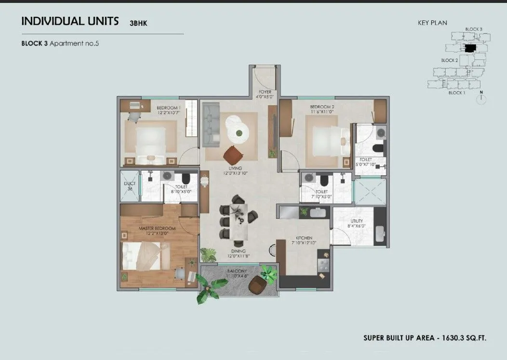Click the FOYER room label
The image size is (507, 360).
(265, 92)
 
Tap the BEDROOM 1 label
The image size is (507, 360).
(168, 107)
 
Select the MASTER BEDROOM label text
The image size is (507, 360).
(157, 227)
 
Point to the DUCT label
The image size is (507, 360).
(129, 184)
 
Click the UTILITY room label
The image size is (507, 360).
(357, 221)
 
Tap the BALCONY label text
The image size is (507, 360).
(237, 271)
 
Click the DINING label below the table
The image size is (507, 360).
(238, 251)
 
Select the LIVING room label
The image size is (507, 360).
(235, 168)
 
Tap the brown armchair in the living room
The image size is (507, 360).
(234, 155)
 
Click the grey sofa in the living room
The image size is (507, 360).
(211, 124)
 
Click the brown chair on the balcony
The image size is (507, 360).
(257, 286)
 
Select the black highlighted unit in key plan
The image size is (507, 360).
(469, 47)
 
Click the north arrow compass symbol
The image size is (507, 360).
(480, 99)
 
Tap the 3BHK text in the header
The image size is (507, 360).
(138, 23)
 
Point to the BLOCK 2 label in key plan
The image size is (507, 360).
(449, 60)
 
